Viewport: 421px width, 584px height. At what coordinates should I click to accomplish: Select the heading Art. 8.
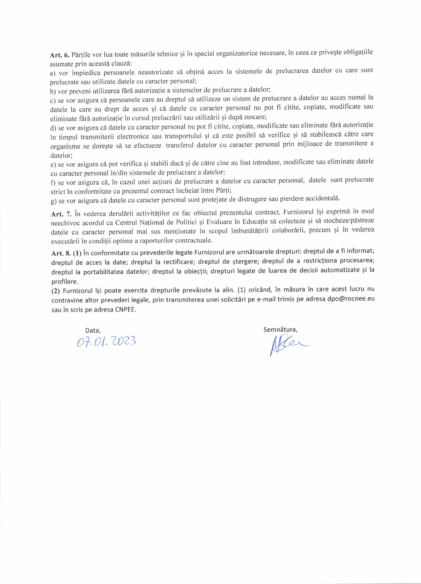click(61, 253)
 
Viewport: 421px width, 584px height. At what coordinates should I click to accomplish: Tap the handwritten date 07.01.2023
click(106, 342)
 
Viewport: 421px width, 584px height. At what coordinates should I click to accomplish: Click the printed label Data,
click(93, 330)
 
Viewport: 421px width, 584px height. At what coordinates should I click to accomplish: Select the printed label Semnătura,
click(280, 330)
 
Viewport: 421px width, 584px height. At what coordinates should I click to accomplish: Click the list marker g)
click(54, 201)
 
